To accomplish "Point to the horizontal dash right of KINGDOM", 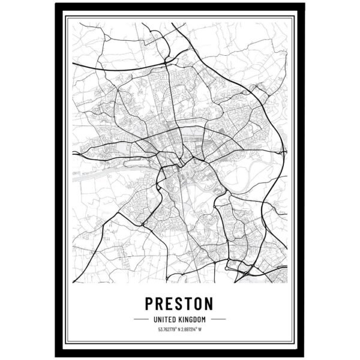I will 218,319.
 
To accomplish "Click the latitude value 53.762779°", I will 167,329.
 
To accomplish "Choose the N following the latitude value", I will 179,329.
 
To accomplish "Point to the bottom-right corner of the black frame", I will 304,355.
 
